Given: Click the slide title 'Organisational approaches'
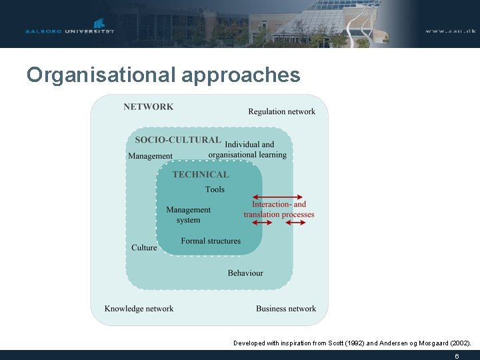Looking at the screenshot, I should [163, 75].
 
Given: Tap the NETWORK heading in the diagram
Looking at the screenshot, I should [148, 107].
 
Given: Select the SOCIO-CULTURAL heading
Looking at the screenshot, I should [177, 140].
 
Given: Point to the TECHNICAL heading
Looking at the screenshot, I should [200, 175].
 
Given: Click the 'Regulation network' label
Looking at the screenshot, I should [281, 111].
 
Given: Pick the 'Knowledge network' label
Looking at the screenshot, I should [139, 309].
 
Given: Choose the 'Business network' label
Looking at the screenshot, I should [286, 309].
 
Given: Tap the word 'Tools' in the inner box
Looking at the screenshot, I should [215, 189].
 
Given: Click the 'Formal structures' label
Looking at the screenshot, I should [211, 241].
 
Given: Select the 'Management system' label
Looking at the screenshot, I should [188, 215].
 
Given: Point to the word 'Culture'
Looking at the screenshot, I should [144, 247].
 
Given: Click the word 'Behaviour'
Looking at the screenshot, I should [245, 273].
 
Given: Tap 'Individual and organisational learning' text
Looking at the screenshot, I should [248, 149].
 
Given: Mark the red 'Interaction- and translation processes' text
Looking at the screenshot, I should [279, 209].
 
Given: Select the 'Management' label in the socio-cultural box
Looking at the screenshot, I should [150, 156].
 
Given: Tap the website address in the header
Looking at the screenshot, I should [450, 31].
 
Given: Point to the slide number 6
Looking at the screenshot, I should [457, 356].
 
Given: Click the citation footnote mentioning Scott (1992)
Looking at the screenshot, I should [352, 343].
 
